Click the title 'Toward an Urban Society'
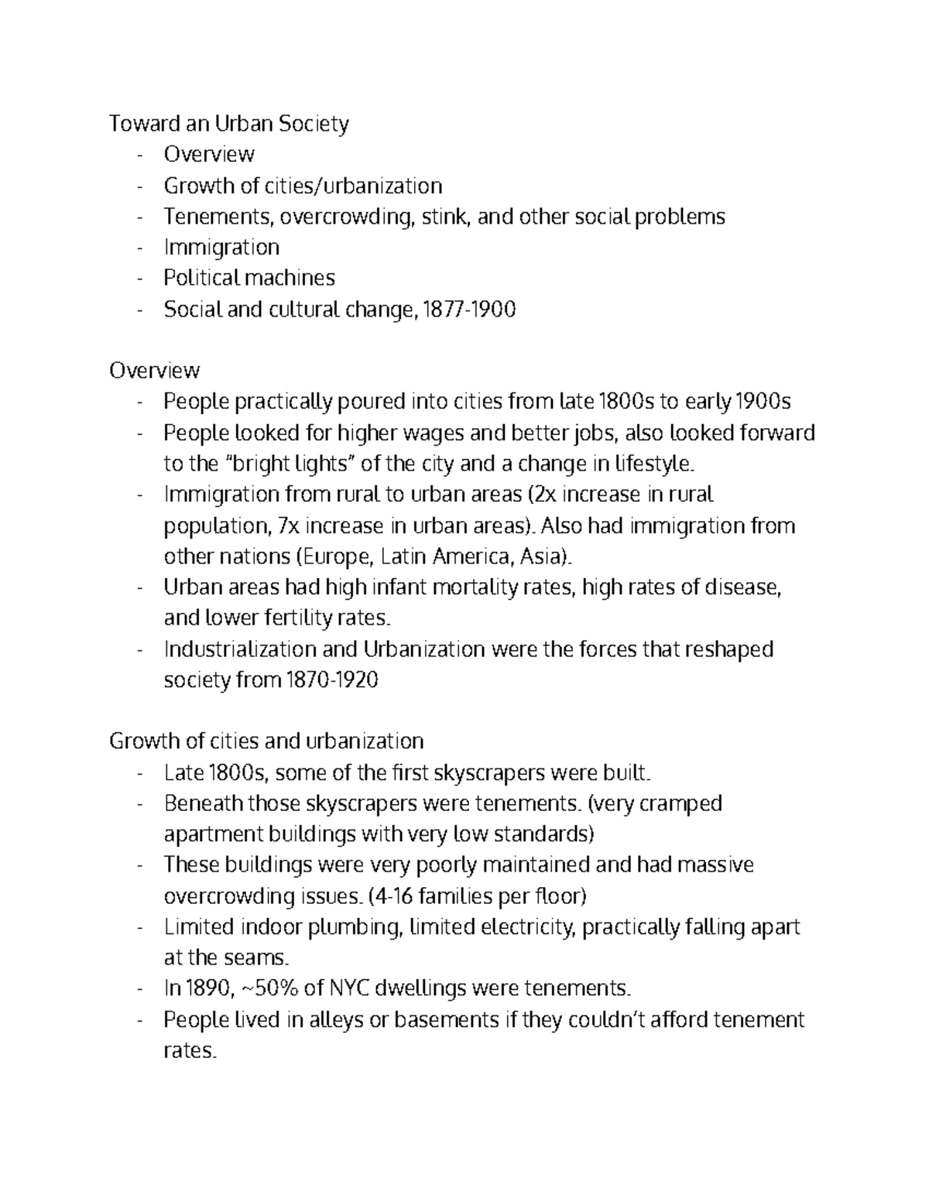pos(229,124)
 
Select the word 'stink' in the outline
pos(446,217)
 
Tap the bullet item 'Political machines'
pos(249,278)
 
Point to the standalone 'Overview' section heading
pos(154,371)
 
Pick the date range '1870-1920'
pos(332,680)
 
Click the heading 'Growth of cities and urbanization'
pos(266,741)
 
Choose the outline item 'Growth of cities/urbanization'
pos(303,186)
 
